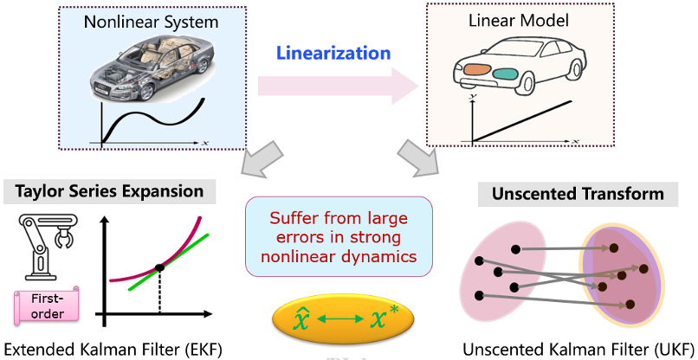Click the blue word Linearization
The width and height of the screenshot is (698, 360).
[333, 54]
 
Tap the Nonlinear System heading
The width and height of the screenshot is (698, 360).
[152, 22]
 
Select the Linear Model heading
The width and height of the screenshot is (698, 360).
[519, 21]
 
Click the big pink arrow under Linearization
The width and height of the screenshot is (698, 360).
[339, 85]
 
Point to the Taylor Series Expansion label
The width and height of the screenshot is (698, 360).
[109, 192]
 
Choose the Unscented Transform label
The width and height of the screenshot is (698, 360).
[578, 194]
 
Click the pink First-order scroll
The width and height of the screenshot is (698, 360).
[46, 305]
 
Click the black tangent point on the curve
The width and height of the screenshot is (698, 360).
[159, 268]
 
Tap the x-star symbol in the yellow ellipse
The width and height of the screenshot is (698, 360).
[385, 318]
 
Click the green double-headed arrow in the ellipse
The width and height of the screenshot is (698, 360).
[340, 319]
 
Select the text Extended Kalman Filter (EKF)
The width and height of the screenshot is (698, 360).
[113, 350]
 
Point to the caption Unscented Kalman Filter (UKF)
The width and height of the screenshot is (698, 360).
[578, 350]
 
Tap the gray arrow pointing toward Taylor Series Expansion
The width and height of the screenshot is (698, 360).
[262, 158]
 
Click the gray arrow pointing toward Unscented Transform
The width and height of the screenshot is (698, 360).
[417, 158]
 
